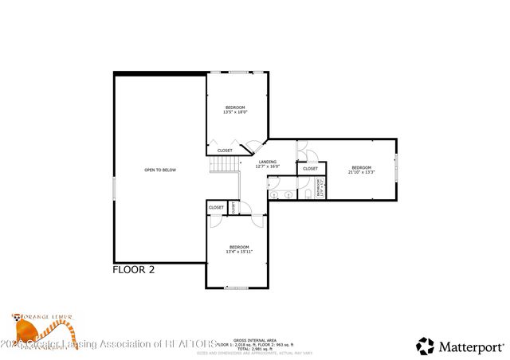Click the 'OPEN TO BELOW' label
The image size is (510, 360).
click(x=160, y=170)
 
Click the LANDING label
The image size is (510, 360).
click(x=267, y=163)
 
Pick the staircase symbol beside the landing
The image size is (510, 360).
click(x=225, y=164)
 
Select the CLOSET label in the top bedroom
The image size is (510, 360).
click(x=225, y=151)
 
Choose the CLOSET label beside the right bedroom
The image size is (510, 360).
click(x=310, y=169)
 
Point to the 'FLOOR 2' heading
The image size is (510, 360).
click(x=133, y=270)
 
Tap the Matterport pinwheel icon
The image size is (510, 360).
click(x=426, y=346)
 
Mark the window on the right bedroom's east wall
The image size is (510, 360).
click(x=396, y=170)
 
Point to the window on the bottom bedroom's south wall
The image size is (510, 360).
click(x=237, y=288)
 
